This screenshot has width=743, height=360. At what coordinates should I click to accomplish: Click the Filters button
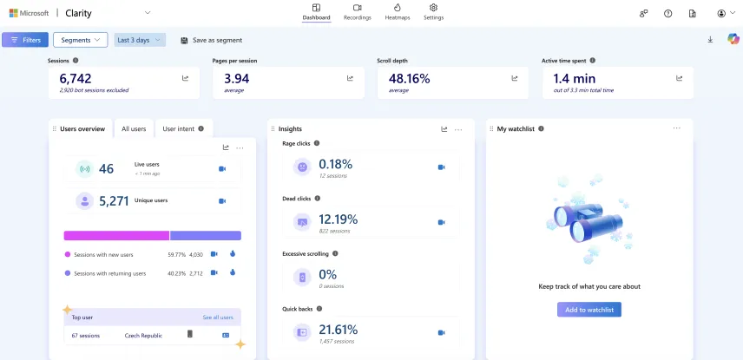25,40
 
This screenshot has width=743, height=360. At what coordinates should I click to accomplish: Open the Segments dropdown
80,40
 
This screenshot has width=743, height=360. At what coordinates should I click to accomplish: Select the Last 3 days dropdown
139,40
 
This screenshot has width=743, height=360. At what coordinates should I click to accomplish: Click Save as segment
211,40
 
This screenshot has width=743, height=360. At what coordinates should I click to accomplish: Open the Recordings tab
357,12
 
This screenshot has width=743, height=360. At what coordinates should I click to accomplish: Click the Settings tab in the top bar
433,12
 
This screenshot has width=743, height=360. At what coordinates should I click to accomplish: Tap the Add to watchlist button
588,310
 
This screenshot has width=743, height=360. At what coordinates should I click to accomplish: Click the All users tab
134,128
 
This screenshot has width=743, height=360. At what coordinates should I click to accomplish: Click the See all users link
217,317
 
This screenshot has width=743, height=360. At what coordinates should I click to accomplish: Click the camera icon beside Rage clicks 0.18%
441,167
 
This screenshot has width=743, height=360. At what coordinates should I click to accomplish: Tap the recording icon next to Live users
222,169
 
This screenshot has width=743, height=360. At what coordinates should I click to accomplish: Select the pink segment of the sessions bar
116,235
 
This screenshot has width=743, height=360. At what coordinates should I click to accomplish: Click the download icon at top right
710,40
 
